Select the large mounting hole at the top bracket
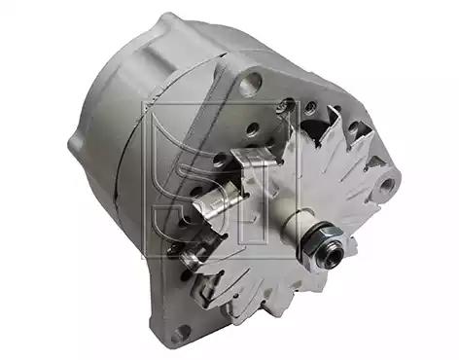coord(252,82)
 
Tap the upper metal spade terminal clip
coord(256,158)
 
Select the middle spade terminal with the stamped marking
coord(216,203)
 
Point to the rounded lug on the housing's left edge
coord(75,144)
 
